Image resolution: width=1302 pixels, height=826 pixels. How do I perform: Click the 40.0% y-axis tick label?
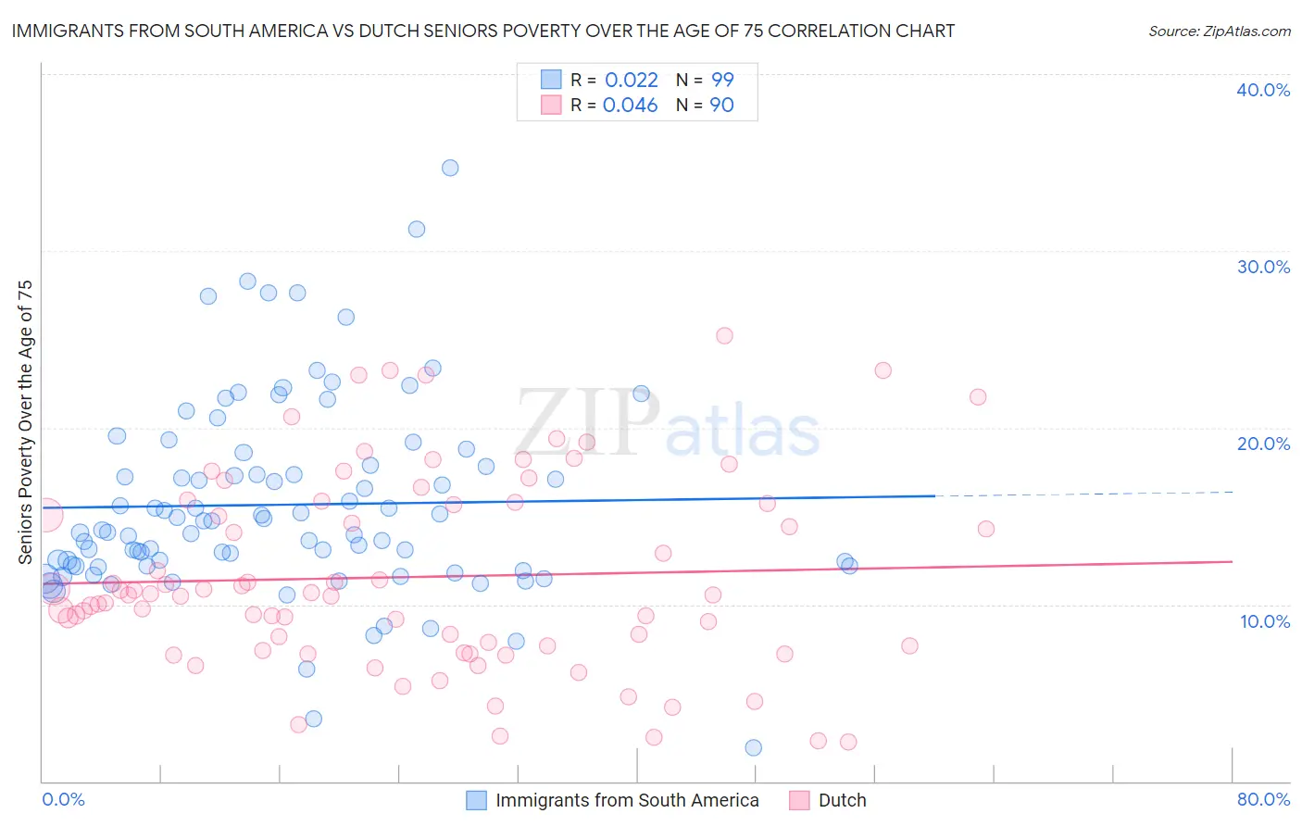[x=1263, y=90]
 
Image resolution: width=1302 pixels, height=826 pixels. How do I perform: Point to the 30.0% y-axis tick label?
[x=1263, y=267]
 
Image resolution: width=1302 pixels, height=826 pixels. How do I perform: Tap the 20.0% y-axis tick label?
[x=1263, y=444]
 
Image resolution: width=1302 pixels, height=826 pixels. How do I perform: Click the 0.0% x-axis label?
[x=63, y=799]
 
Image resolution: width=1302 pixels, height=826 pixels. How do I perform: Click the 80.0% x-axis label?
[x=1263, y=799]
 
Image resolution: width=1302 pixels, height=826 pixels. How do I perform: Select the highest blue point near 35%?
[x=450, y=168]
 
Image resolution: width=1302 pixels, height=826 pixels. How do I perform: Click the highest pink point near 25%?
[x=724, y=336]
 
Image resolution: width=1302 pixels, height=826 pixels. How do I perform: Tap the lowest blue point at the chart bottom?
[x=753, y=747]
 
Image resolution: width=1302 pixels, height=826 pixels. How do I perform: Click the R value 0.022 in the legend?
[x=631, y=80]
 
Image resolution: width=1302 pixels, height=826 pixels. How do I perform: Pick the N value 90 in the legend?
[x=721, y=106]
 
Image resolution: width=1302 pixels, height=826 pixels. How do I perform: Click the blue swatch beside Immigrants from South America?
[x=476, y=800]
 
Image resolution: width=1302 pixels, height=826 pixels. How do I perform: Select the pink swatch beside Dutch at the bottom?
[x=799, y=800]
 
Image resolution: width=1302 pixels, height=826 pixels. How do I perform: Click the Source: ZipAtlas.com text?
[x=1219, y=31]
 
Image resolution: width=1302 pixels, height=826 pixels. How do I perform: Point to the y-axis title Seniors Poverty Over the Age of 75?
[x=26, y=421]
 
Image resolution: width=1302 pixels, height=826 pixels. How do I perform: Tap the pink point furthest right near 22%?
[x=978, y=397]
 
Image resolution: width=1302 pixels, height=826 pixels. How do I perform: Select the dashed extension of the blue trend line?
[x=1083, y=494]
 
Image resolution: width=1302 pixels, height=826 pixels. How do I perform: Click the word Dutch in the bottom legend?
[x=842, y=800]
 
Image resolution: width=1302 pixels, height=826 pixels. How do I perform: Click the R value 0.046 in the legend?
[x=630, y=106]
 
